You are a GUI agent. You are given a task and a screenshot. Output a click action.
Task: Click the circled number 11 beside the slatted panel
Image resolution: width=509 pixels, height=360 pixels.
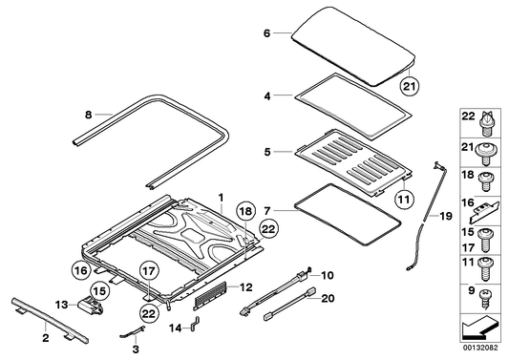click(404, 200)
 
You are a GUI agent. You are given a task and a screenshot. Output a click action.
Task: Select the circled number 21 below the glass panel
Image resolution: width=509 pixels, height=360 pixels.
click(409, 88)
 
